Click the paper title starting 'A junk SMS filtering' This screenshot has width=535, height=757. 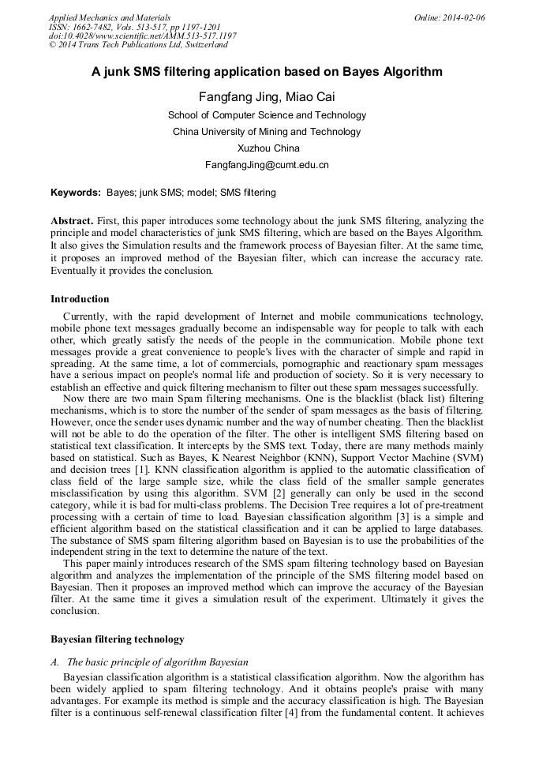click(x=267, y=72)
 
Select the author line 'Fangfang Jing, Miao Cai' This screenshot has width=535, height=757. click(x=267, y=97)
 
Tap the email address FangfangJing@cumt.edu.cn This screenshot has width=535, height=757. click(x=267, y=165)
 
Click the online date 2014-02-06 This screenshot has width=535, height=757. click(x=450, y=17)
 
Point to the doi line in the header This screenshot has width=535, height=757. click(x=142, y=36)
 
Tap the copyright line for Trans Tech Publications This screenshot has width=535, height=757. click(x=138, y=45)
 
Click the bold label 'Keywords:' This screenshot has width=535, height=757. click(x=76, y=193)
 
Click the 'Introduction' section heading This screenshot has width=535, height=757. click(x=80, y=299)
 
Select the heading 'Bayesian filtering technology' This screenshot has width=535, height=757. click(x=118, y=639)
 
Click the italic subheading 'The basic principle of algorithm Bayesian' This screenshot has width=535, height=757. click(x=157, y=661)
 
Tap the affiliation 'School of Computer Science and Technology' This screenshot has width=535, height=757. click(x=267, y=115)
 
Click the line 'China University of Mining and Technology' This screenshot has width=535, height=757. click(x=267, y=132)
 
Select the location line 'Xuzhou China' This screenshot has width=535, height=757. click(x=267, y=148)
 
